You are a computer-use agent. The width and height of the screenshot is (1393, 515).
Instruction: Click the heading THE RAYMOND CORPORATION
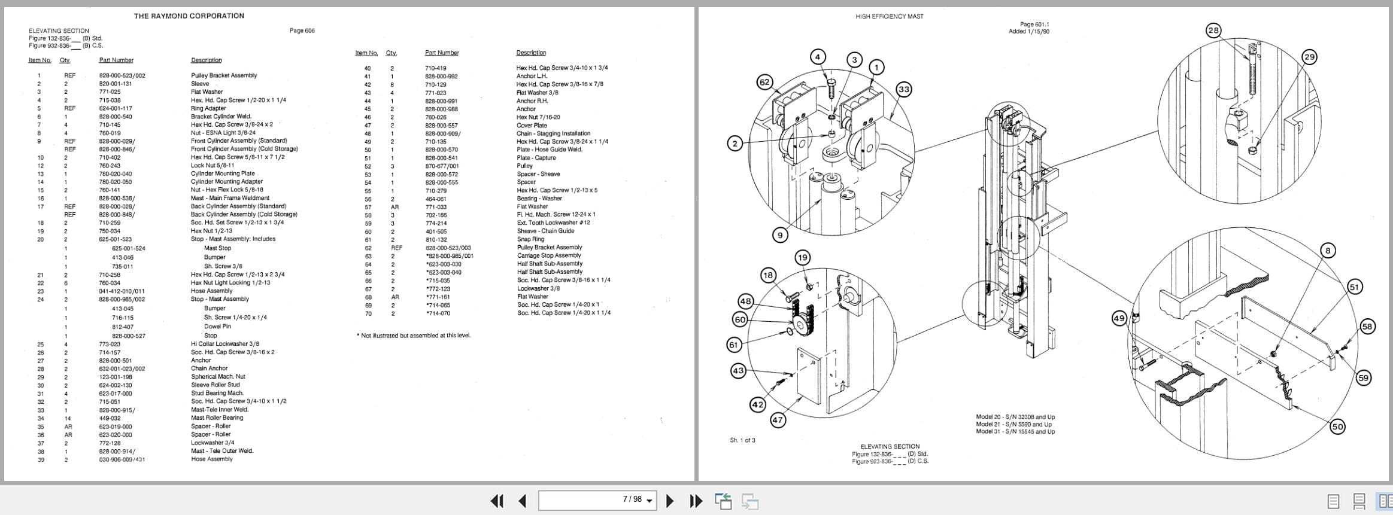pos(189,16)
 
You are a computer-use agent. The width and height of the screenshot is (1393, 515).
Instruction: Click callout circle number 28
pos(1213,31)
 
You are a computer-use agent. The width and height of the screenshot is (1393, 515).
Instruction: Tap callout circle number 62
pos(764,83)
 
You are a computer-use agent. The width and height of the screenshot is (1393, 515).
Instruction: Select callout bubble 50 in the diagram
pos(1337,426)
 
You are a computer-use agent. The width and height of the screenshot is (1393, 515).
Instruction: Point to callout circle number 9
pos(779,235)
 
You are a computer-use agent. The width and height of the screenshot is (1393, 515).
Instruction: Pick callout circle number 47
pos(777,420)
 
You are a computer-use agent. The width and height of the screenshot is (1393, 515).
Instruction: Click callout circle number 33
pos(903,90)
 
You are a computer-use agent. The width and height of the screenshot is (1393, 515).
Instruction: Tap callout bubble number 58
pos(1367,327)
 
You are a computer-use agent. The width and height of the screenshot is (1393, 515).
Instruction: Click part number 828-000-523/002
pos(122,75)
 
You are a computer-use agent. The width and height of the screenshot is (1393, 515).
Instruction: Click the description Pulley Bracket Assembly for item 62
pos(549,247)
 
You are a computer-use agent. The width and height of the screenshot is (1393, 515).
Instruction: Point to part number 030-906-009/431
pos(122,459)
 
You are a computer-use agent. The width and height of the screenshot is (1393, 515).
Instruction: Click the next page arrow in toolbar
pos(670,500)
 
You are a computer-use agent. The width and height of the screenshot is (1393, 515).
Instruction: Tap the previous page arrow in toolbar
pos(522,500)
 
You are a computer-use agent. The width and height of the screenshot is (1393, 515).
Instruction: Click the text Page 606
pos(302,31)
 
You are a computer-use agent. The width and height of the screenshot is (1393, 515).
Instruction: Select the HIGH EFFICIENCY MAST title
pos(889,17)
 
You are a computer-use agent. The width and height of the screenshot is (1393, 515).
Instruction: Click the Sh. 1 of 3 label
pos(742,440)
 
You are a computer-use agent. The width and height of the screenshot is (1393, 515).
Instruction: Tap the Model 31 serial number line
pos(1015,431)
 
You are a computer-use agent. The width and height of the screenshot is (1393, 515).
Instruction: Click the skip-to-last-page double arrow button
pos(695,500)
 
